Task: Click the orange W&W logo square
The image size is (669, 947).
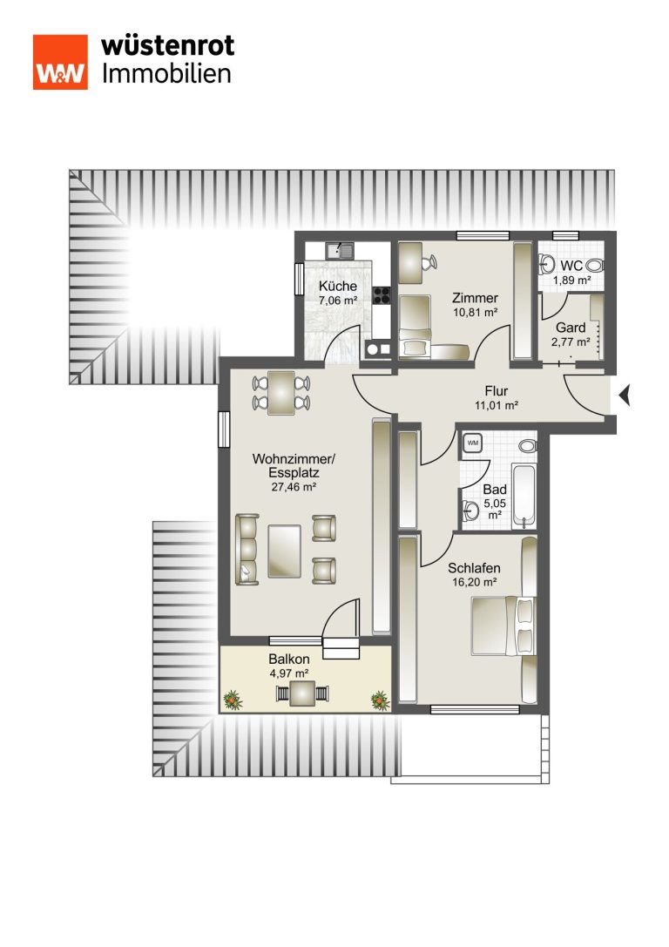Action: tap(60, 62)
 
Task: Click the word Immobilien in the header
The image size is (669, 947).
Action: tap(166, 74)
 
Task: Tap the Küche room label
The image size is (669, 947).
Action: tap(338, 287)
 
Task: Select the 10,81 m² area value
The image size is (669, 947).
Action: tap(476, 312)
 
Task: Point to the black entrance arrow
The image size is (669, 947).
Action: tap(625, 396)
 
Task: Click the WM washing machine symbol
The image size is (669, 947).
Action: tap(473, 443)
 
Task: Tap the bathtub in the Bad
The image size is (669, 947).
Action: tap(524, 496)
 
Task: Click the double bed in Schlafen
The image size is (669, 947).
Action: tap(503, 626)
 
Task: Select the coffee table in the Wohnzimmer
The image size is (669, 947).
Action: tap(284, 551)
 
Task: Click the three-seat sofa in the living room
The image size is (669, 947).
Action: tap(247, 549)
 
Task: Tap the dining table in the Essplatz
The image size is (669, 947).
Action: tap(281, 393)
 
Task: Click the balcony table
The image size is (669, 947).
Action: tap(302, 693)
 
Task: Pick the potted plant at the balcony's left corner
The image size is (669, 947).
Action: tap(233, 700)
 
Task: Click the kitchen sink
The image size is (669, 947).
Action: tap(340, 250)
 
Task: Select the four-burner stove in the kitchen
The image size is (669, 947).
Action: tap(382, 294)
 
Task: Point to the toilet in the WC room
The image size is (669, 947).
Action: tap(595, 265)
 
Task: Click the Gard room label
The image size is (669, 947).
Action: tap(571, 328)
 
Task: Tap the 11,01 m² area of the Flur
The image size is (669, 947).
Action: tap(497, 405)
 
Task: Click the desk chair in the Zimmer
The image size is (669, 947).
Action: tap(429, 262)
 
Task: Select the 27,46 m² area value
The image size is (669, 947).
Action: tap(294, 487)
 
